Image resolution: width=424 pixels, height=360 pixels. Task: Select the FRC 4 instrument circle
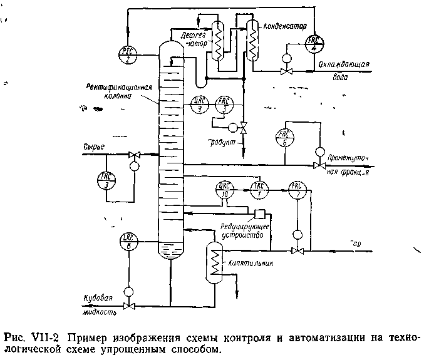tap(313, 43)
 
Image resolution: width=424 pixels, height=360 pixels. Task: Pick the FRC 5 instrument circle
tap(284, 137)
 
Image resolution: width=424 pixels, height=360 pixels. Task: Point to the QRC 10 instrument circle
tap(224, 189)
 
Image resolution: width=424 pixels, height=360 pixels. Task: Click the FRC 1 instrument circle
tap(258, 188)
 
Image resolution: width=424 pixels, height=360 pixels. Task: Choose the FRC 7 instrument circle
tap(296, 188)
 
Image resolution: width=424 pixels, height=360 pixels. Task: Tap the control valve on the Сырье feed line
tap(133, 154)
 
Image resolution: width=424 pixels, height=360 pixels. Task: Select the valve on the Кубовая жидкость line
tap(129, 306)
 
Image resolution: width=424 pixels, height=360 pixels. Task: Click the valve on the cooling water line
tap(286, 73)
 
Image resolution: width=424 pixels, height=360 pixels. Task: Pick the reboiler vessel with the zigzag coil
tap(214, 263)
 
